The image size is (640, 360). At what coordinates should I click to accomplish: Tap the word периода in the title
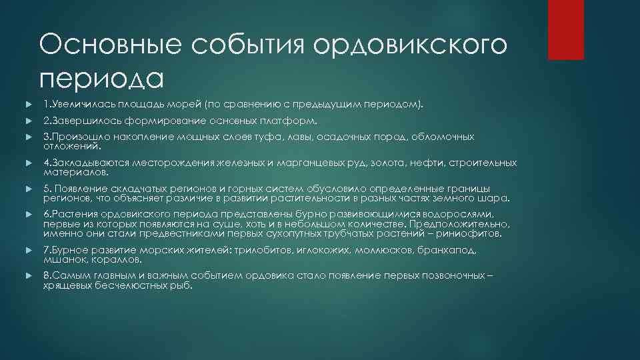pos(101,78)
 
